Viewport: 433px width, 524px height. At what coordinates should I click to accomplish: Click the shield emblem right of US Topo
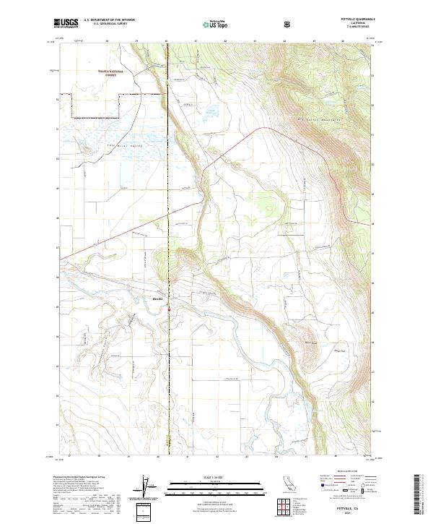[x=287, y=24]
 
